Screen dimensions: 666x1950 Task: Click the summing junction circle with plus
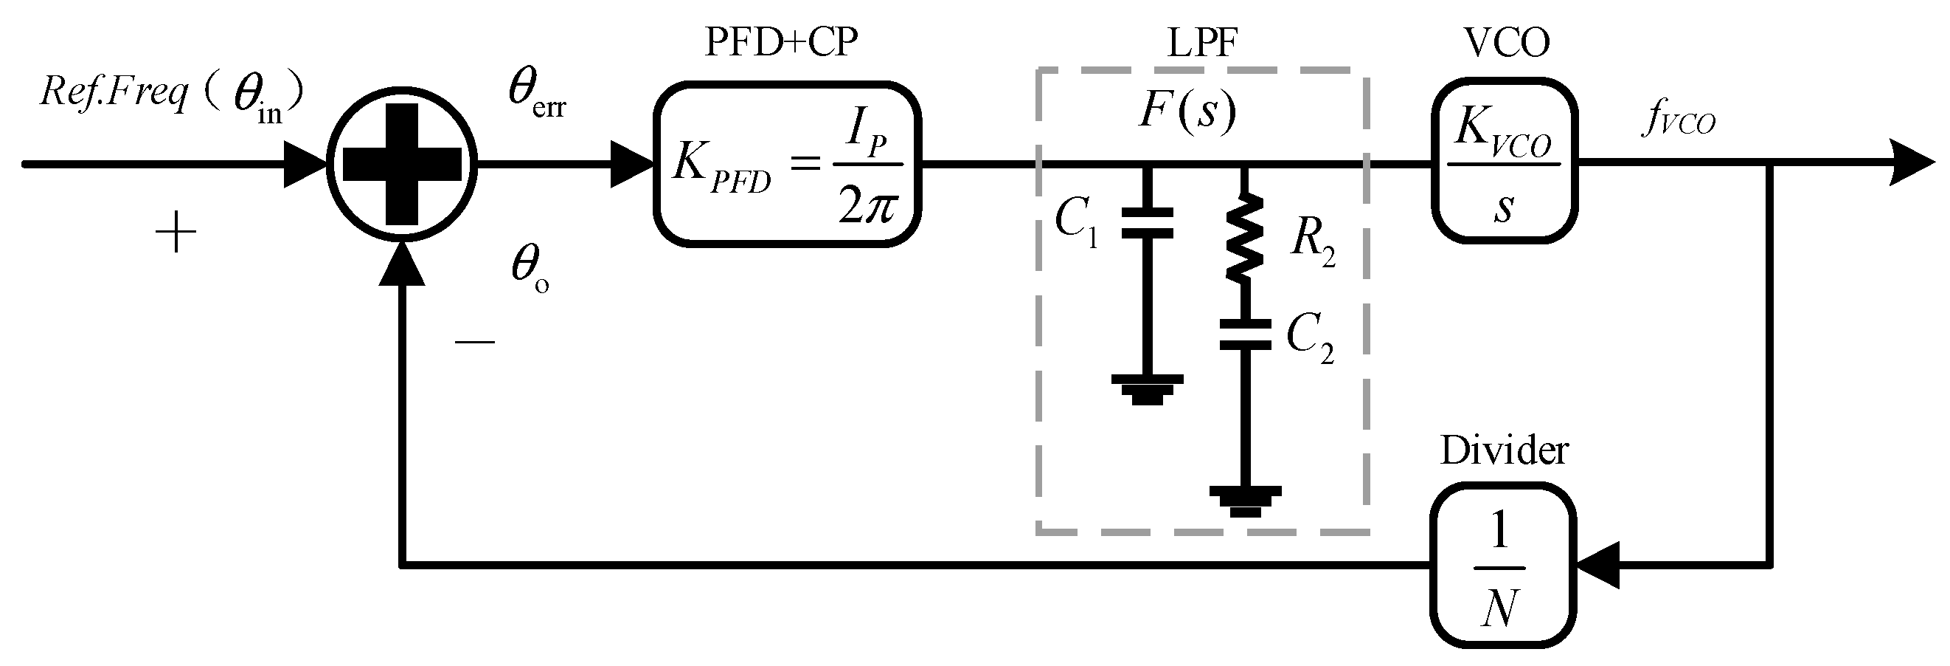402,164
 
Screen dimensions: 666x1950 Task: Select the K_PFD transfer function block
786,165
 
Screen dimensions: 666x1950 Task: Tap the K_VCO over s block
1503,162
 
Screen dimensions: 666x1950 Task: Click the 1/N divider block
1502,564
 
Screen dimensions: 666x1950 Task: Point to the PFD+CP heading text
781,43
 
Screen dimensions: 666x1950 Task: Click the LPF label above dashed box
1202,43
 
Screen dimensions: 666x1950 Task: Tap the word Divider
1503,451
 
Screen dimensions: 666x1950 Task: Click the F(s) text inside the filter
1187,111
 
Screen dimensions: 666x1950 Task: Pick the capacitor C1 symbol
1147,223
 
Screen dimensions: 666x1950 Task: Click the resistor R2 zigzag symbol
1243,238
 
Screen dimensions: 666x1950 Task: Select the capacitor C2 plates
1244,334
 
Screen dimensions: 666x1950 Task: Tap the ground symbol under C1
1147,388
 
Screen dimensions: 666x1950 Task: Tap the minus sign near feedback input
475,343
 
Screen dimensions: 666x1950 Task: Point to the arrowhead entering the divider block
1597,564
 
